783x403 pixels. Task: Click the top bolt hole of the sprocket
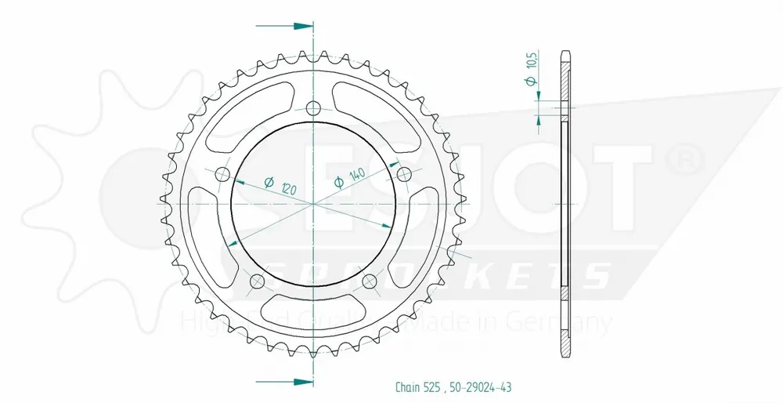click(x=314, y=107)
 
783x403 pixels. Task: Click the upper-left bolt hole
click(x=222, y=173)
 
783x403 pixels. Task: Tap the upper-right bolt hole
click(x=405, y=173)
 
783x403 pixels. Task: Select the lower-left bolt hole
click(x=256, y=281)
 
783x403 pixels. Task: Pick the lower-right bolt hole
click(x=370, y=281)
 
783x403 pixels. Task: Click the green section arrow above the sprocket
click(x=298, y=26)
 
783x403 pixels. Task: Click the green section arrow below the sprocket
click(x=298, y=382)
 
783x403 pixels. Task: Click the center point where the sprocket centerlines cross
click(x=314, y=204)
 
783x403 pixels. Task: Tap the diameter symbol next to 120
click(x=269, y=183)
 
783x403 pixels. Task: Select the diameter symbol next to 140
click(x=340, y=183)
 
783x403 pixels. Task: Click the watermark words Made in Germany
click(x=541, y=321)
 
